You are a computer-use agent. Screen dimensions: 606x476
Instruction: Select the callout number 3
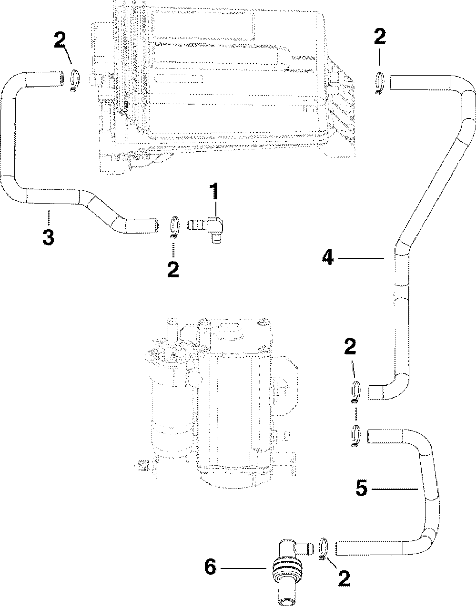pos(47,237)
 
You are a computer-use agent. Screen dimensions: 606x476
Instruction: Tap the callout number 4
pos(327,258)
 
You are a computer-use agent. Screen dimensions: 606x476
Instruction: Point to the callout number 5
pos(362,489)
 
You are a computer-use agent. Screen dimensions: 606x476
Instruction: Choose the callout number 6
pos(210,567)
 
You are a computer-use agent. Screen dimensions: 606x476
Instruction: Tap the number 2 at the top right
pos(380,37)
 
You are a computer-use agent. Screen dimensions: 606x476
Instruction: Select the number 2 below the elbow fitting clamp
pos(172,269)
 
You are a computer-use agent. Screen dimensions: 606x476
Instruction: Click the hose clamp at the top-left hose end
pos(74,79)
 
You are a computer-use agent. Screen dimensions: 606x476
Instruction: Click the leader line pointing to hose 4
pos(362,258)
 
